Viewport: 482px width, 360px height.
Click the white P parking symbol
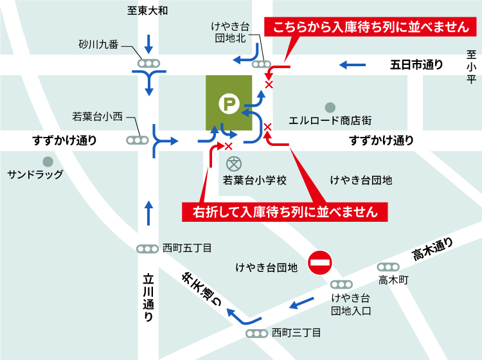(x=228, y=103)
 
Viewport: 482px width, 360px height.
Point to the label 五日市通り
(x=416, y=64)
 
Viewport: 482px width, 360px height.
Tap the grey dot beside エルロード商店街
(x=330, y=107)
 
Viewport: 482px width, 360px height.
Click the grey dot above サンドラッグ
(x=47, y=161)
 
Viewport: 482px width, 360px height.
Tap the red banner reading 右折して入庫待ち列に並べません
(x=285, y=211)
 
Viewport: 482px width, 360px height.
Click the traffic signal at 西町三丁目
(x=256, y=333)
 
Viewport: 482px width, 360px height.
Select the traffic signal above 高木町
(x=388, y=266)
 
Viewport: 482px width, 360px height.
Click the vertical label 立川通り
(x=148, y=298)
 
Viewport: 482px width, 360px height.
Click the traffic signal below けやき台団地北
(x=262, y=64)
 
